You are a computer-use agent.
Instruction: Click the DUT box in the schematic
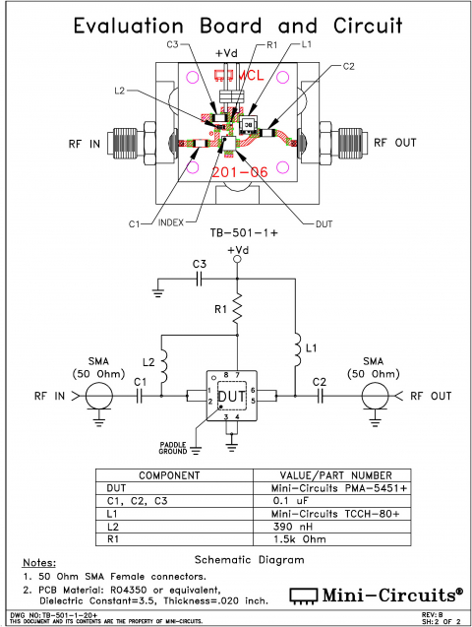(231, 397)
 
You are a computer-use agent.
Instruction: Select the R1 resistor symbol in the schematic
(236, 313)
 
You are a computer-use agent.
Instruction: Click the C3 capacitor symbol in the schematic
(200, 278)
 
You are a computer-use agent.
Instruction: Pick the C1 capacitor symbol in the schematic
(140, 397)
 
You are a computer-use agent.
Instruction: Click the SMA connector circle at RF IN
(96, 397)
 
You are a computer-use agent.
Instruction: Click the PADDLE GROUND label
(174, 448)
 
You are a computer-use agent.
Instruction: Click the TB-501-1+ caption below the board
(236, 233)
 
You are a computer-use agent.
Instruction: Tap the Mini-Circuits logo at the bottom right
(375, 595)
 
